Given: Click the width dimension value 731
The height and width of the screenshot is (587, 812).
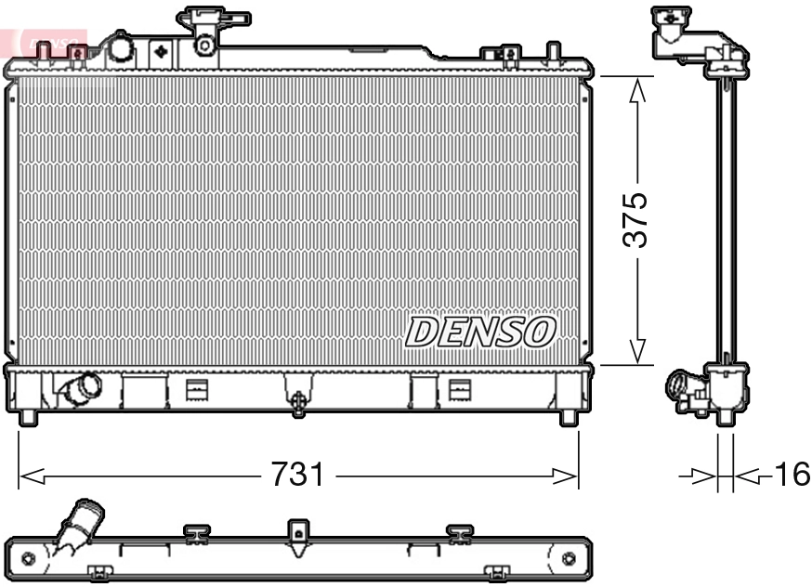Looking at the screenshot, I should (x=297, y=476).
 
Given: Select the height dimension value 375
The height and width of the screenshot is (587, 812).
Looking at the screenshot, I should (x=635, y=220).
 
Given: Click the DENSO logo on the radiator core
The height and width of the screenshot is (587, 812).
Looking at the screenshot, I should (x=481, y=332).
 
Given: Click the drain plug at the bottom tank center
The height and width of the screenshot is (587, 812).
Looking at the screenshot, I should (x=298, y=400).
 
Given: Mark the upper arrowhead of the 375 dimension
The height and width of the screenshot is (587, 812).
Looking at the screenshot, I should (x=637, y=89).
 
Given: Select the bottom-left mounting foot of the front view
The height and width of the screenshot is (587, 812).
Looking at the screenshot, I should (x=28, y=417).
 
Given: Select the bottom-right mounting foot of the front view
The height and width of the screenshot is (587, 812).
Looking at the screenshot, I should (x=568, y=417).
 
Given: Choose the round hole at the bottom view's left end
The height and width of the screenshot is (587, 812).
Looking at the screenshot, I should (x=28, y=558).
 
